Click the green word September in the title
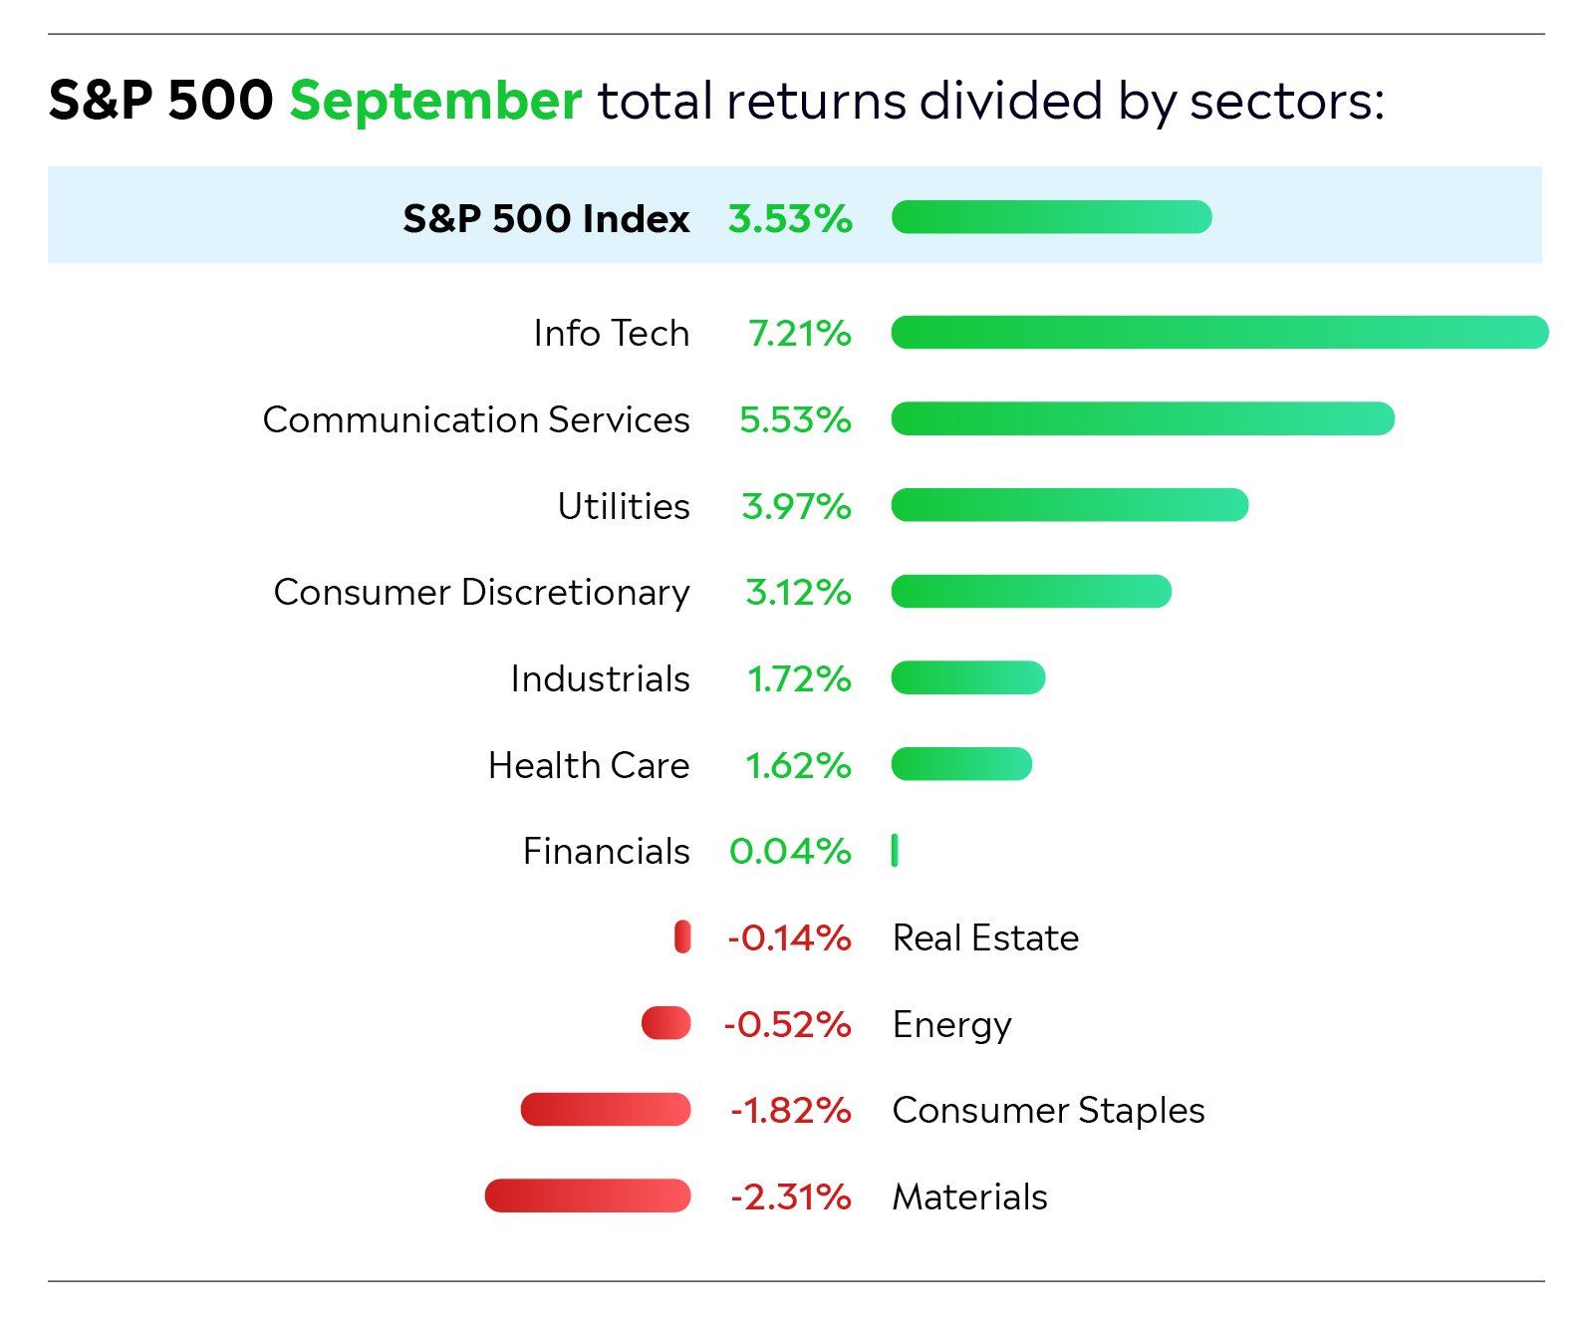pyautogui.click(x=435, y=101)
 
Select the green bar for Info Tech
pyautogui.click(x=1219, y=333)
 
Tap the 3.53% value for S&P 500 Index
pyautogui.click(x=790, y=218)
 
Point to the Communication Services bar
pyautogui.click(x=1143, y=419)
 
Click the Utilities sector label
pyautogui.click(x=624, y=506)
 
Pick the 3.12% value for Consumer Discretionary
pyautogui.click(x=798, y=592)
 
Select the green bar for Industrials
pyautogui.click(x=968, y=678)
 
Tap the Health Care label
pyautogui.click(x=589, y=765)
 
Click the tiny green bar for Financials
pyautogui.click(x=895, y=851)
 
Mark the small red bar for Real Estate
pyautogui.click(x=682, y=937)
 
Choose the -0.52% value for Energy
pyautogui.click(x=787, y=1024)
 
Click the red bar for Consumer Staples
pyautogui.click(x=606, y=1110)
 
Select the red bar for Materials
pyautogui.click(x=588, y=1195)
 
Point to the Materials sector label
pyautogui.click(x=969, y=1196)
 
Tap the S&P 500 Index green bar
pyautogui.click(x=1052, y=217)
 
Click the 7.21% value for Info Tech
pyautogui.click(x=799, y=333)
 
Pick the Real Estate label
pyautogui.click(x=985, y=937)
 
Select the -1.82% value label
pyautogui.click(x=790, y=1110)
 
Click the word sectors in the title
pyautogui.click(x=1286, y=101)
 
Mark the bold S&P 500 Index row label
pyautogui.click(x=546, y=218)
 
